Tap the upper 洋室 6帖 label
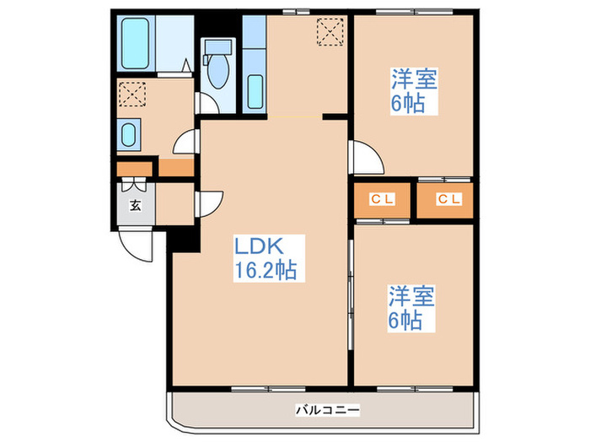[x=413, y=92]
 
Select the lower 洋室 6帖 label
[x=411, y=309]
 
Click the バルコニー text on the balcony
[x=328, y=411]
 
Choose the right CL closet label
[x=448, y=200]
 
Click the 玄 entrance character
[x=134, y=205]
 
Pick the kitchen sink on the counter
[x=255, y=90]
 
